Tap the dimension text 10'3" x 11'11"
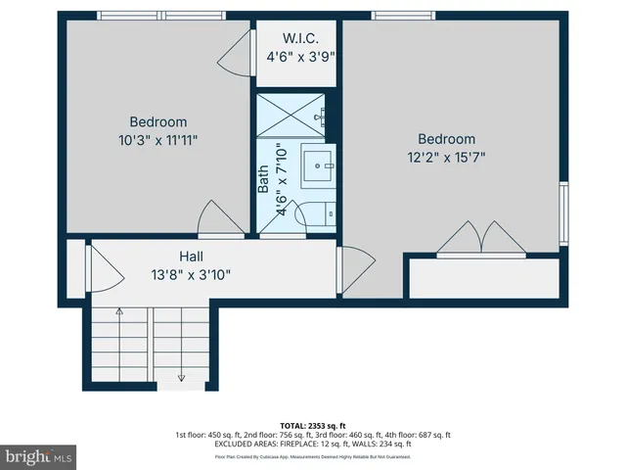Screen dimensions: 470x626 157,140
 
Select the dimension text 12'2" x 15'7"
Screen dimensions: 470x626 447,156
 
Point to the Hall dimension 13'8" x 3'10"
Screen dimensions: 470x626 191,274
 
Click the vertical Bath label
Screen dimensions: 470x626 264,178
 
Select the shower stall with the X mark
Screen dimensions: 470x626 291,117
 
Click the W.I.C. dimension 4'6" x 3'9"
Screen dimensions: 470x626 301,57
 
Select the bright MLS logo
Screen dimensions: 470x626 39,456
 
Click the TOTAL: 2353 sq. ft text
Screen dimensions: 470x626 313,426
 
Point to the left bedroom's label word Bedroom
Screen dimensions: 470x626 157,122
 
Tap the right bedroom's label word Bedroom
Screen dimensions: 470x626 447,139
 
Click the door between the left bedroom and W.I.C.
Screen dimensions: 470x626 235,61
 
